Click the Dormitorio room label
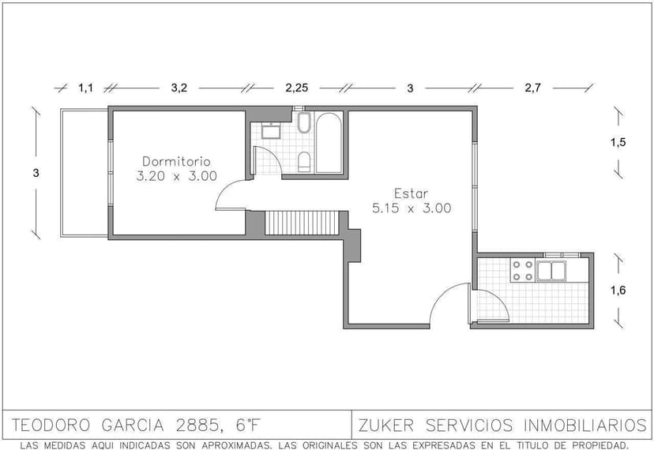(177, 160)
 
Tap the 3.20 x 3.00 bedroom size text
(177, 177)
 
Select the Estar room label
(411, 193)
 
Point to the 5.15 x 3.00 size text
(411, 209)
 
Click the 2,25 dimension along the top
(296, 88)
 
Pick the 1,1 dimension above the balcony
(85, 88)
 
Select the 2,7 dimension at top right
(532, 88)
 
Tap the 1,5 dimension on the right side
(618, 142)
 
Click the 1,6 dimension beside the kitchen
(618, 290)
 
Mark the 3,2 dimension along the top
(179, 88)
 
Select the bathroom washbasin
(272, 129)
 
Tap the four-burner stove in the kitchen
(521, 271)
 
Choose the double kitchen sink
(551, 271)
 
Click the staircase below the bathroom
(301, 223)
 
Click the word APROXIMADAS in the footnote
(224, 444)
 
